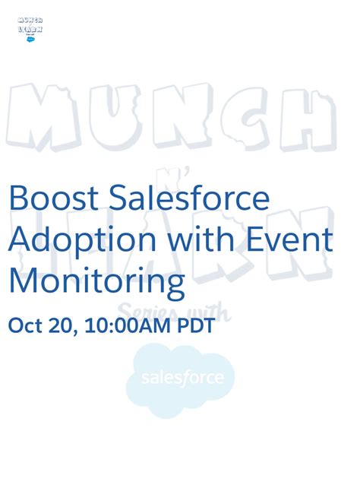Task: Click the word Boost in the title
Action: pos(52,198)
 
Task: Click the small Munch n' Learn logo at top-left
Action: pos(30,29)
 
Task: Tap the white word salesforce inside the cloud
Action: pos(182,378)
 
